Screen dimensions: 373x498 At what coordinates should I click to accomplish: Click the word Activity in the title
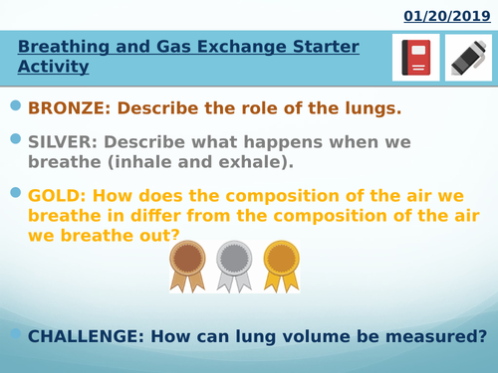tap(54, 68)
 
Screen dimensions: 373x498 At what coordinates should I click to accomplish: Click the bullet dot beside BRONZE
tap(14, 104)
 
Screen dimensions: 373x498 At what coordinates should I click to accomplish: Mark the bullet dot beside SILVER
tap(14, 137)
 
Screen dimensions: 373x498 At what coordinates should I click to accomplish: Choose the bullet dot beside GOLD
tap(14, 190)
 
